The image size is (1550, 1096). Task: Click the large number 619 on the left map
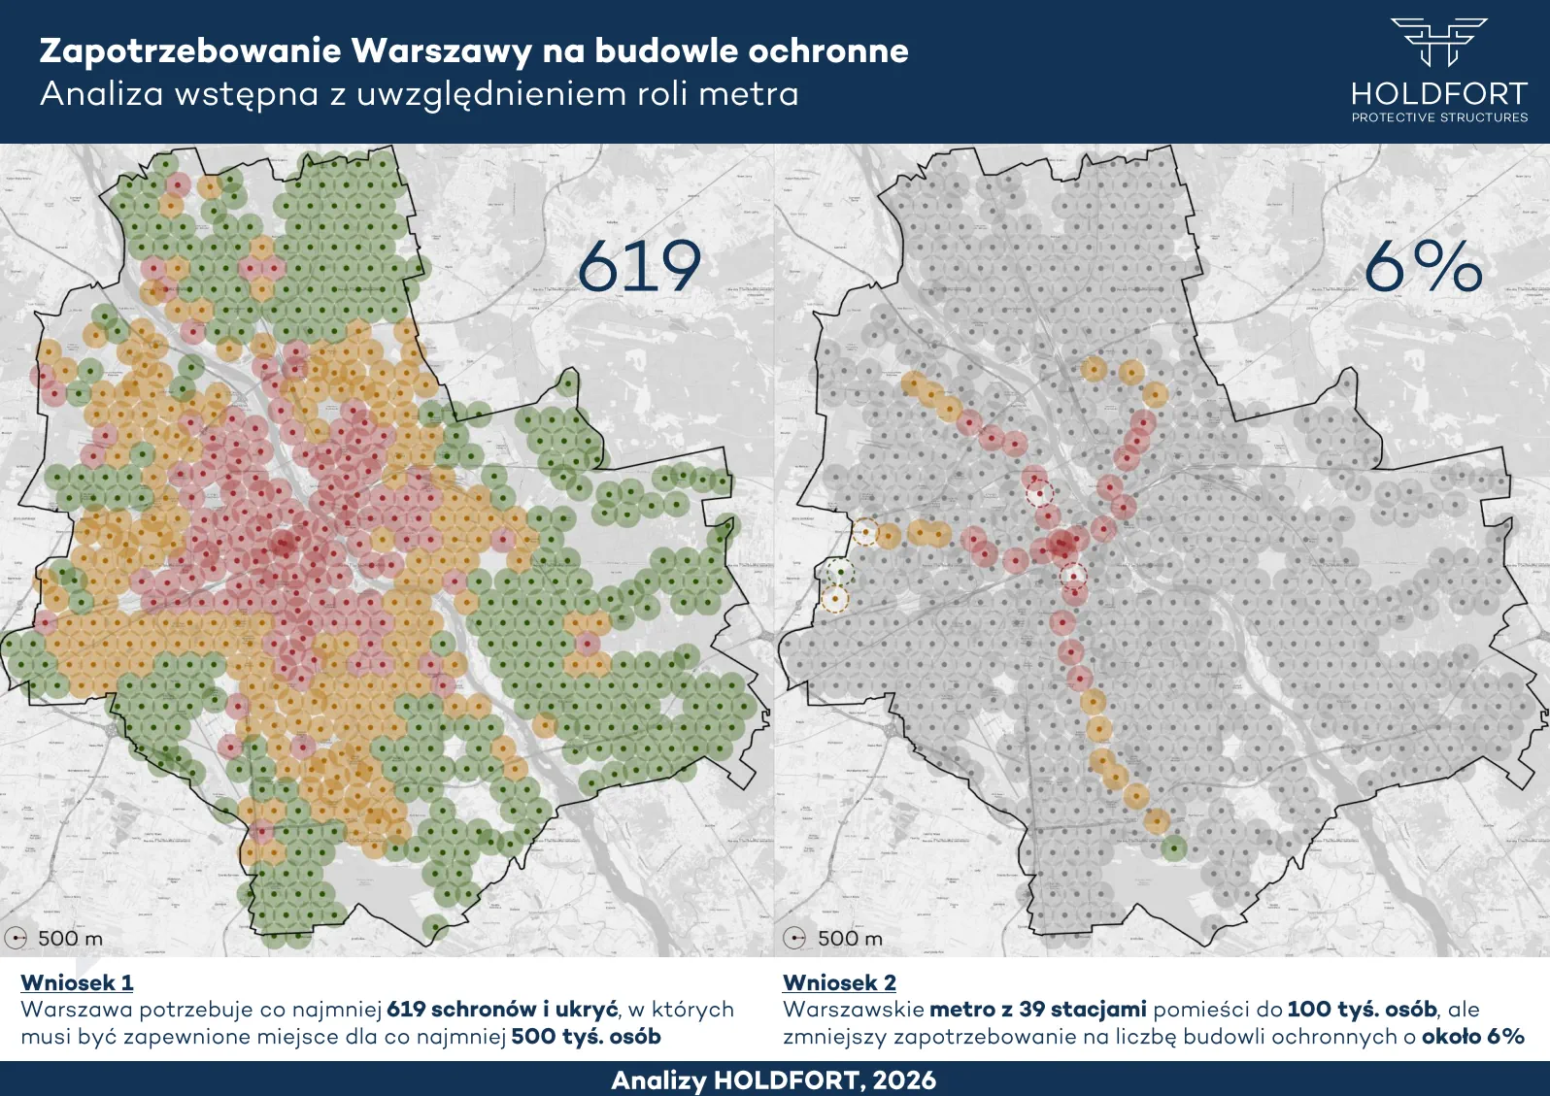tap(638, 266)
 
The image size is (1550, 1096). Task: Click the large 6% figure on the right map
tap(1423, 266)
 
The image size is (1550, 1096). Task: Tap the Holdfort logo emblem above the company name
tap(1438, 41)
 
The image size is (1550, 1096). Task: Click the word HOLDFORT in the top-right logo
tap(1438, 94)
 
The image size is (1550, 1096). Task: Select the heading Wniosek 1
tap(77, 982)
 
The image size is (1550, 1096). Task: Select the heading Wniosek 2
tap(839, 982)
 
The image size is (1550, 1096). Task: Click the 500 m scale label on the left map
tap(70, 939)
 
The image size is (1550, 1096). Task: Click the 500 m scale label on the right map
tap(850, 939)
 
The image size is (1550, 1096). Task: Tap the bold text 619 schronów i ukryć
tap(501, 1010)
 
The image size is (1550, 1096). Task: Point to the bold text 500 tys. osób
tap(586, 1037)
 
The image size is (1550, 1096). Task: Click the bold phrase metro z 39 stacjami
tap(1037, 1010)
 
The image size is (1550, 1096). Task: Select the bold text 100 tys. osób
tap(1362, 1010)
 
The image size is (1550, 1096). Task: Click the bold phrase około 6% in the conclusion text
tap(1472, 1037)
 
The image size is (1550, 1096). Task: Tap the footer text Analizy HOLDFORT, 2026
tap(774, 1080)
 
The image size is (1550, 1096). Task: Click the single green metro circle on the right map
tap(1174, 848)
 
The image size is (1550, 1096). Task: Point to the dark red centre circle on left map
tap(284, 544)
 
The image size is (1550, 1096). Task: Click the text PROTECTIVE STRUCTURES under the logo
tap(1439, 117)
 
